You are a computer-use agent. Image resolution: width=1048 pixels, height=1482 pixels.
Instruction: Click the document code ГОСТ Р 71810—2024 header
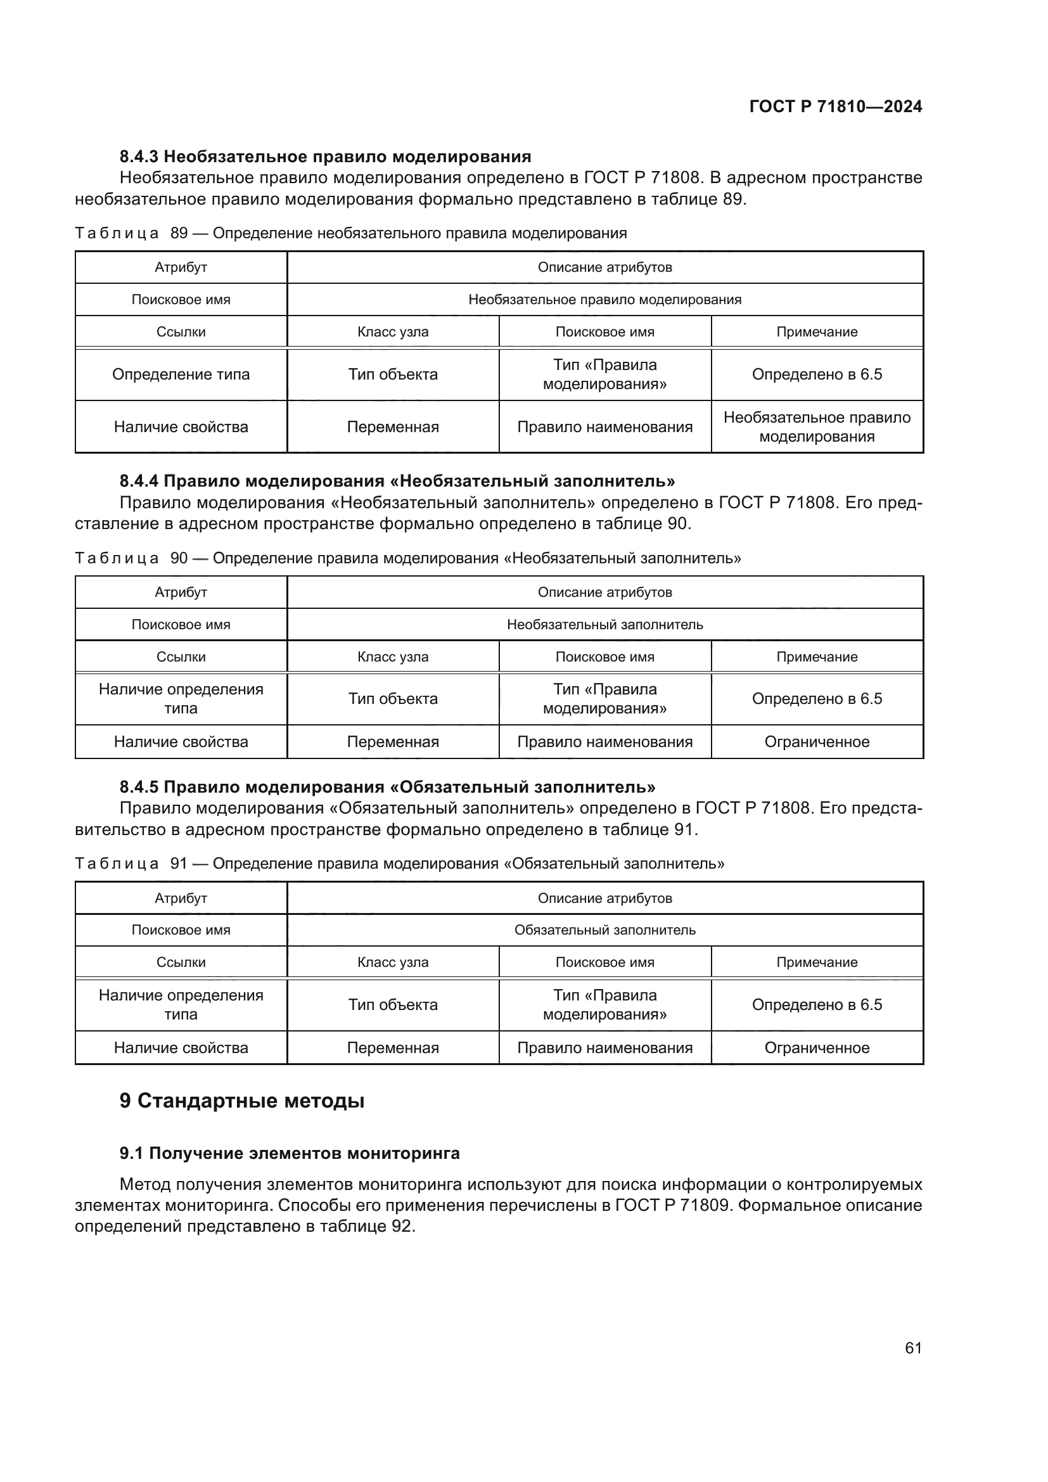point(835,106)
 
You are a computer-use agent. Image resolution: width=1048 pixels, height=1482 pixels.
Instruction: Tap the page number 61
point(912,1348)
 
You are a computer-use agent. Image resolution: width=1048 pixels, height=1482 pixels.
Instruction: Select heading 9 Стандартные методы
point(242,1101)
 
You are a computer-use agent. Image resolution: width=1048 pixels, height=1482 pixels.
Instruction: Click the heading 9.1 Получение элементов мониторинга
point(289,1153)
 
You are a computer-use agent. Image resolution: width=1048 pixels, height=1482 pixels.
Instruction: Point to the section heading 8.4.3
point(325,157)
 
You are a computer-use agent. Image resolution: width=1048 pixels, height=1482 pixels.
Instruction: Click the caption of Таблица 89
point(350,233)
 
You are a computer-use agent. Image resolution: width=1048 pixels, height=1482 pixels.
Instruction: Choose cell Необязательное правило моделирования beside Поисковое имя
point(604,300)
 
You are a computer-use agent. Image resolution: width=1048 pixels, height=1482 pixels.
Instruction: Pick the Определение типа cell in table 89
point(181,374)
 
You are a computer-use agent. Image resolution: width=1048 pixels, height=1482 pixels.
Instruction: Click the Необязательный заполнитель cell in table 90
point(604,625)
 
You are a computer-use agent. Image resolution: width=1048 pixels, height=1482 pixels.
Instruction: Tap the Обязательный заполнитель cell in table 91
point(604,930)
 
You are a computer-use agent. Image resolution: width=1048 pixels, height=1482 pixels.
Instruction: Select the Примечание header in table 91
point(816,962)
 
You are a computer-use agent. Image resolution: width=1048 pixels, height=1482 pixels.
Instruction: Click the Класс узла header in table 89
point(392,332)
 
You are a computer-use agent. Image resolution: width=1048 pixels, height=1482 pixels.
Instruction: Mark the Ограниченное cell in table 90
point(816,742)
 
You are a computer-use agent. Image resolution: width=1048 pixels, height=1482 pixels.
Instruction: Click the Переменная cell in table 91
point(392,1047)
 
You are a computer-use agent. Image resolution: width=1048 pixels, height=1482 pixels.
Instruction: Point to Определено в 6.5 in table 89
point(816,374)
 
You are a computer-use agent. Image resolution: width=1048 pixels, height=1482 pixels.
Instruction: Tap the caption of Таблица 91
point(399,864)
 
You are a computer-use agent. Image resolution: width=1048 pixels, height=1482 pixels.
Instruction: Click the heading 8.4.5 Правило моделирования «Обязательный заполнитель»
point(387,787)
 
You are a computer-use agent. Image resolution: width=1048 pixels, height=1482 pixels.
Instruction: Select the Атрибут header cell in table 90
point(181,592)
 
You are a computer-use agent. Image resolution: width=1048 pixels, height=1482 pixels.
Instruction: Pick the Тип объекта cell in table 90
point(392,699)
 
